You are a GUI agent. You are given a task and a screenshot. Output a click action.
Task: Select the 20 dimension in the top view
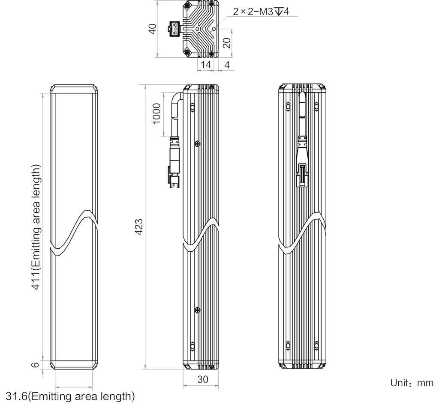(226, 42)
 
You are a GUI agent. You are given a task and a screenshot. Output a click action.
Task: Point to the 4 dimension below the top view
(226, 65)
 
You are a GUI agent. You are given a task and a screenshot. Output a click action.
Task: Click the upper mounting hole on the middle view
(197, 143)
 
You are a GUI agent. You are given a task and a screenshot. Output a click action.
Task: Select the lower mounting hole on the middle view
(197, 310)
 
